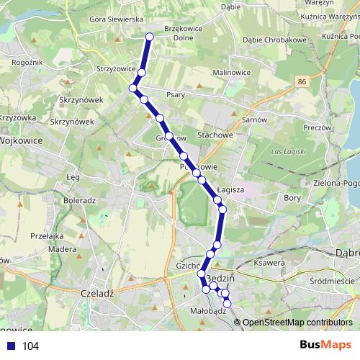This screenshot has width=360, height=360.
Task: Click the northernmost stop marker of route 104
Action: coord(150,37)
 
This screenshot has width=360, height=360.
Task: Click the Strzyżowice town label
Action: coord(117,69)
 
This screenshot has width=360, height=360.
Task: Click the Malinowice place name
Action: coord(232,72)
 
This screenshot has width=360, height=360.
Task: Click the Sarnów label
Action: coord(254,120)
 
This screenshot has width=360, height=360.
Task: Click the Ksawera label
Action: coord(271,264)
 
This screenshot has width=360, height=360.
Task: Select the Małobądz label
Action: coord(210,312)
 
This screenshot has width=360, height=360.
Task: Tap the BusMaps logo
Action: coord(325,345)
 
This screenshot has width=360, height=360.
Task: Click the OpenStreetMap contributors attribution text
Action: coord(297,323)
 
